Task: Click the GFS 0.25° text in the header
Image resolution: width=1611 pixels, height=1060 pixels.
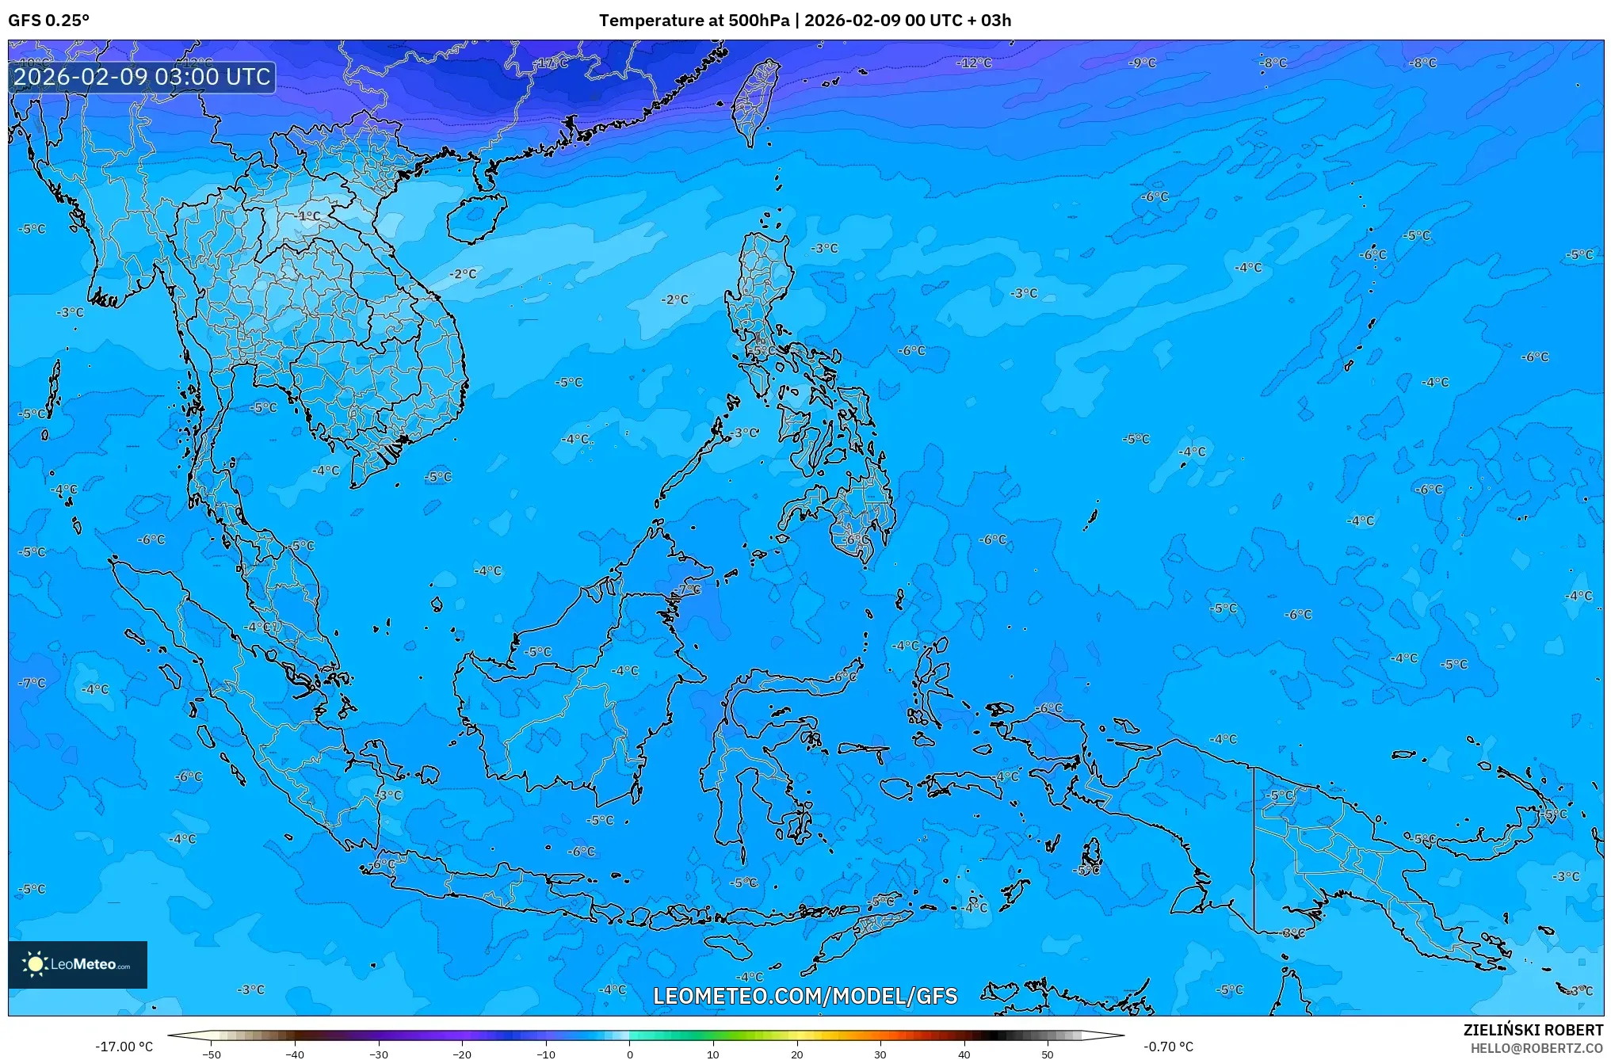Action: [x=48, y=21]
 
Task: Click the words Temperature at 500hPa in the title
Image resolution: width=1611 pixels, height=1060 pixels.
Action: [x=693, y=21]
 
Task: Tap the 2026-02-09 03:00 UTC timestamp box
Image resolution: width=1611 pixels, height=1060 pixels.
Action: [x=142, y=77]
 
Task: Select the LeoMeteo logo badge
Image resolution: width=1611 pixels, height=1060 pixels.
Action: [x=78, y=964]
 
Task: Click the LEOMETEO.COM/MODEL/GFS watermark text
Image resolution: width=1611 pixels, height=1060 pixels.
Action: [x=805, y=996]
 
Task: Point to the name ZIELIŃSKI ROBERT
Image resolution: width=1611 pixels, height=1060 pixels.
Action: [x=1533, y=1030]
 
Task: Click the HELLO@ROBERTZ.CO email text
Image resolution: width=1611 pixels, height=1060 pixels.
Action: [x=1537, y=1048]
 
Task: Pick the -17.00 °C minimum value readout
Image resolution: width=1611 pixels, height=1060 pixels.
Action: [x=124, y=1047]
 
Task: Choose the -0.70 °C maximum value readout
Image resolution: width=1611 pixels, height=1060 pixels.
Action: [x=1168, y=1047]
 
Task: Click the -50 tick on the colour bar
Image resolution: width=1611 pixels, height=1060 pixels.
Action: [x=212, y=1054]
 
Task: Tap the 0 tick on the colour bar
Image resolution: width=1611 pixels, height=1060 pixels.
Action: [x=630, y=1054]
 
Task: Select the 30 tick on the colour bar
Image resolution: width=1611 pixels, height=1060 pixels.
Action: [x=880, y=1054]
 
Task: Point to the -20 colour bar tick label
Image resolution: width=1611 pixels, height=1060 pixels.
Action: [x=462, y=1054]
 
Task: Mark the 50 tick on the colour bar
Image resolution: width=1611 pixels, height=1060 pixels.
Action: [x=1048, y=1054]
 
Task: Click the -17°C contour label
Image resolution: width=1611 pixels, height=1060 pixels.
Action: [x=552, y=63]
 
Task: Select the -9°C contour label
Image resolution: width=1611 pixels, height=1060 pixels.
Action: [x=1143, y=63]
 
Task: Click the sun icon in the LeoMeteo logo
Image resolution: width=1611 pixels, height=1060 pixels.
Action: [x=35, y=964]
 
